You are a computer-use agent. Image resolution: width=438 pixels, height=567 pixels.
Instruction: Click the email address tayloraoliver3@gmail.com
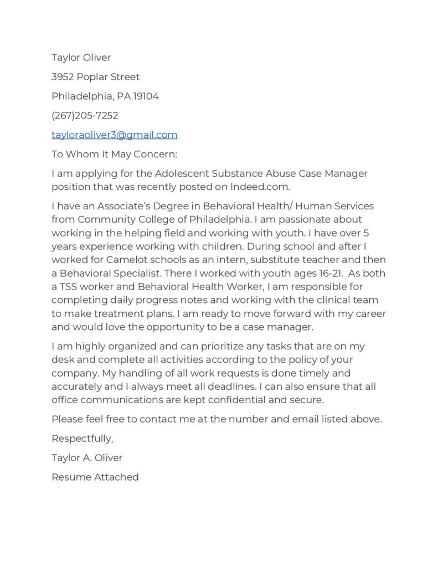tap(115, 135)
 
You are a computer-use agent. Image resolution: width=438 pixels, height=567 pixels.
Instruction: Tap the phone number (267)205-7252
tap(85, 115)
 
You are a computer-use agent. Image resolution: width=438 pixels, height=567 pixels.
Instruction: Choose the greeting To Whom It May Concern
tap(114, 154)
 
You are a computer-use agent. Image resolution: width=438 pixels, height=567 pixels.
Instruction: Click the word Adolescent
tap(181, 173)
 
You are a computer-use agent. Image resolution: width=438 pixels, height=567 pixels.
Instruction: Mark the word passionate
tap(310, 219)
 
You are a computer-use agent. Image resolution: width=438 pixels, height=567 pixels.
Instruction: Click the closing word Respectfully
tap(82, 439)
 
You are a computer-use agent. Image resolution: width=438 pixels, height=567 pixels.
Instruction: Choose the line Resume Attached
tap(95, 477)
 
